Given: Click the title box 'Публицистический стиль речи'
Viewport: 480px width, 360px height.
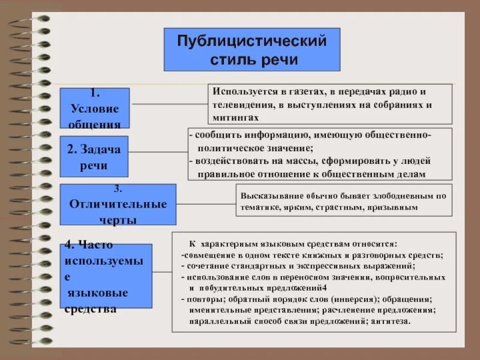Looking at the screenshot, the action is coord(252,49).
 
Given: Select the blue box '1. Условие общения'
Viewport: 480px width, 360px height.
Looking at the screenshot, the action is coord(95,108).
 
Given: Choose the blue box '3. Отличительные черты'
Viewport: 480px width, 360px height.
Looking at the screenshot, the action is coord(118,204).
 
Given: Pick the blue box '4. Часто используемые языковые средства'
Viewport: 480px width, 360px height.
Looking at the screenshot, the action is coord(108,275).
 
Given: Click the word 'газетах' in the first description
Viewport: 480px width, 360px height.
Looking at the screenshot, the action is coord(301,92).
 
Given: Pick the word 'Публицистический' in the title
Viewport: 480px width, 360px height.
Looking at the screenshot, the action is coord(252,41).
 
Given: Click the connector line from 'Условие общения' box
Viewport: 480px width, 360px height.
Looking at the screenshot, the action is coord(169,104).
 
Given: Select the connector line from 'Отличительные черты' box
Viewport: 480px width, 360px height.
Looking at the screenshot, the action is coord(206,204).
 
